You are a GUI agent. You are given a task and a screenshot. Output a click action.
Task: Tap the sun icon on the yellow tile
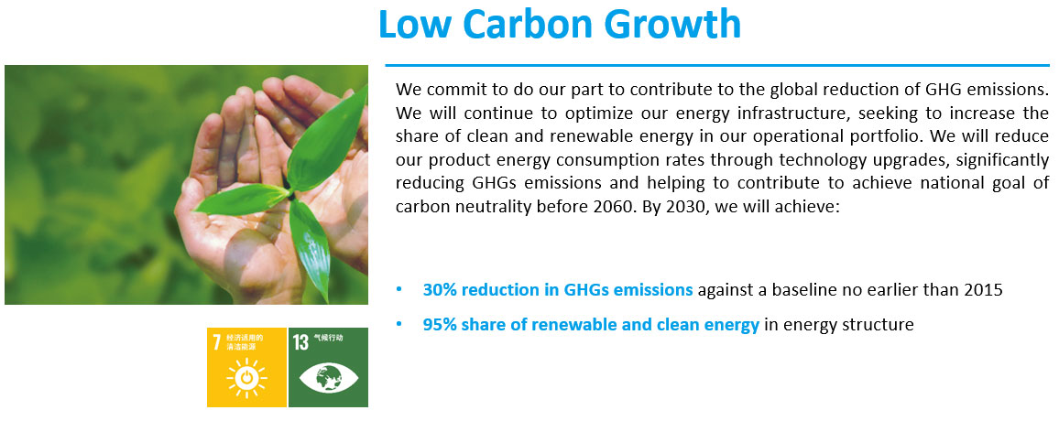point(246,378)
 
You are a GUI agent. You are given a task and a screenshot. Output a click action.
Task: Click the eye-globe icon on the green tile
point(328,378)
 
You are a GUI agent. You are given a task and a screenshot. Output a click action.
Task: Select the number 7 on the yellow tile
point(217,342)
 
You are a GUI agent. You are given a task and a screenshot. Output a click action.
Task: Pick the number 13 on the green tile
point(301,342)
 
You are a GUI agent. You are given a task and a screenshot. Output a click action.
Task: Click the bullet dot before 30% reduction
point(399,289)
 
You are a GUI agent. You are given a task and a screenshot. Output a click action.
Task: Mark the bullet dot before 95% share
point(399,324)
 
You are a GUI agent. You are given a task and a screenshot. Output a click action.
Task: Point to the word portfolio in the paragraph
point(892,136)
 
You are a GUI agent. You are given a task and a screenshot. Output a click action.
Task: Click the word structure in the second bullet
point(881,325)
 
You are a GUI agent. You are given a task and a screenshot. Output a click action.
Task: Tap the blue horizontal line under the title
point(717,66)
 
